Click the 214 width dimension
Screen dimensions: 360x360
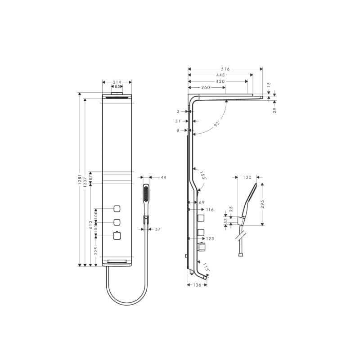(x=117, y=82)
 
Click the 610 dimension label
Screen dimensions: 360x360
(x=90, y=225)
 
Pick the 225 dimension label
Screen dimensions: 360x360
(x=96, y=251)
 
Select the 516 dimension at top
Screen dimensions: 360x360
(x=225, y=69)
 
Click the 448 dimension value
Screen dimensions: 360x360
(x=220, y=75)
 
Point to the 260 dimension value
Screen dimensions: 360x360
(x=206, y=87)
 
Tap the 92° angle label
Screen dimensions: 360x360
(x=217, y=123)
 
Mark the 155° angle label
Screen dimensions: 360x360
(x=203, y=175)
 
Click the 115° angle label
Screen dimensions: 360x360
(x=206, y=267)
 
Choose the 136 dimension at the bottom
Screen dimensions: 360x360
(x=197, y=284)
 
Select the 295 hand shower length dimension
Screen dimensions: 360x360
(x=263, y=204)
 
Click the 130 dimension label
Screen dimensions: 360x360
(x=247, y=177)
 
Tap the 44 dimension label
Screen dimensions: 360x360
(x=163, y=177)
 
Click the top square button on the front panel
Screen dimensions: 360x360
(x=117, y=208)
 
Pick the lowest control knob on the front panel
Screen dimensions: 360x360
(x=117, y=236)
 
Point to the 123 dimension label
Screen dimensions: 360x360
(x=210, y=238)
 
